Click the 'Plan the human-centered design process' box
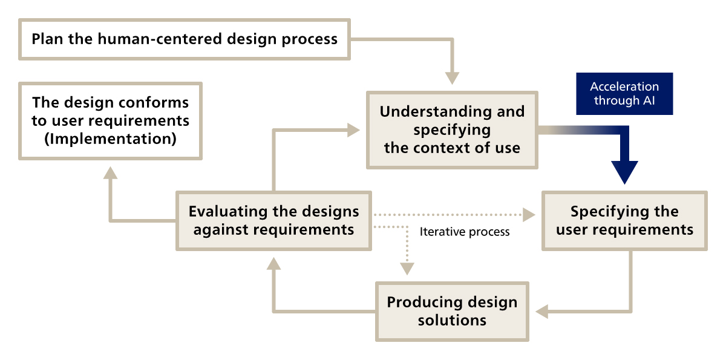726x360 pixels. pos(185,39)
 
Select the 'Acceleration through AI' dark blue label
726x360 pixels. pos(624,94)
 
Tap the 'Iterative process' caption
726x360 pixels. pos(465,232)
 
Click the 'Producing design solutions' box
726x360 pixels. pos(452,311)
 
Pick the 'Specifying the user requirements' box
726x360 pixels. pos(624,220)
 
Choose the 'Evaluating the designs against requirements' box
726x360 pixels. pos(273,220)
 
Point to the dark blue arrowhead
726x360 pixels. pos(624,172)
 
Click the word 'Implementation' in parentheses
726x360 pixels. pos(110,139)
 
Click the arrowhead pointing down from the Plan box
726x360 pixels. pos(452,78)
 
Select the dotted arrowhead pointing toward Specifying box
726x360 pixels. pos(529,214)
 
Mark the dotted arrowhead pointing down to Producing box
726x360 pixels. pos(407,269)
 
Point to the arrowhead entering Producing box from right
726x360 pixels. pos(540,312)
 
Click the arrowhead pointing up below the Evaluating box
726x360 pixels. pos(273,262)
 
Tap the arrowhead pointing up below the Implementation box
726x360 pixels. pos(110,172)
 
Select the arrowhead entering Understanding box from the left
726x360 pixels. pos(352,129)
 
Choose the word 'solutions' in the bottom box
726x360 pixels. pos(452,319)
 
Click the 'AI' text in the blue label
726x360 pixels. pos(647,101)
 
